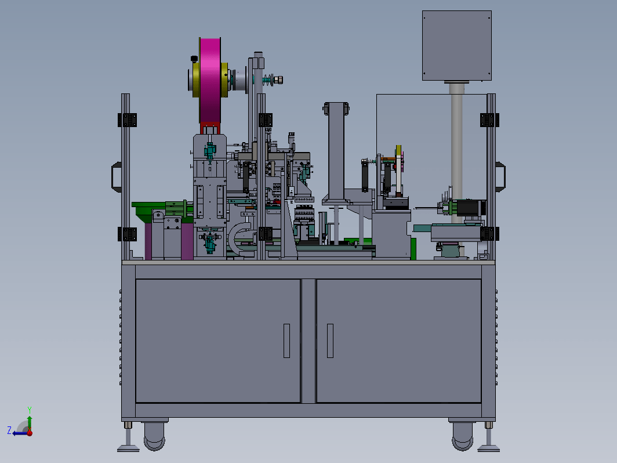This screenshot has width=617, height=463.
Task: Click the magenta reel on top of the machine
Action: point(210,81)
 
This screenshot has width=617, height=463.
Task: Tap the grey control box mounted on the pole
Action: point(457,46)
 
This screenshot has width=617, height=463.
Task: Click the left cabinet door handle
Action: point(286,341)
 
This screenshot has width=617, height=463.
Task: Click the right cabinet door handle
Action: point(330,341)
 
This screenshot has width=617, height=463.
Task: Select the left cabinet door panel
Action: point(218,341)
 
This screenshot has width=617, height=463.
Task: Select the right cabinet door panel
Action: point(398,341)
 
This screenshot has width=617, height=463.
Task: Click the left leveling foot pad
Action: point(128,448)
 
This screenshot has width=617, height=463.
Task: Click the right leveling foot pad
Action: point(489,448)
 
